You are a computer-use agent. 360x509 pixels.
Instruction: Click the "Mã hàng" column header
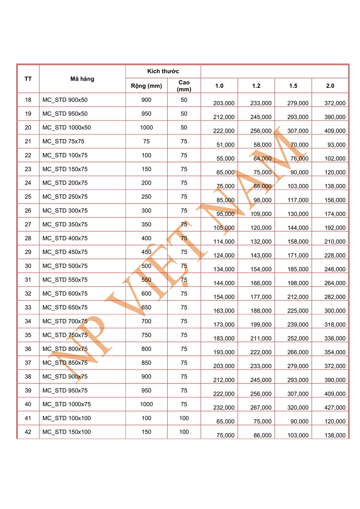(82, 79)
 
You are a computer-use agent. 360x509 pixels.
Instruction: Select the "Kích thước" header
(163, 71)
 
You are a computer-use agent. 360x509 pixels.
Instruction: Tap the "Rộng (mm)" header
(146, 86)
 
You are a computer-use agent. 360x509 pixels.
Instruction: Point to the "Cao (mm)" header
(184, 86)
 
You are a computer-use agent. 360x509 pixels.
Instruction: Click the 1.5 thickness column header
(293, 86)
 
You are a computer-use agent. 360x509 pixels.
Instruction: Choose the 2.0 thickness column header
(330, 86)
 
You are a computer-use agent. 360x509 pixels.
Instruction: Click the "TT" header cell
(28, 79)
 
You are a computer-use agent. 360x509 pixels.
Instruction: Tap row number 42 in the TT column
(28, 432)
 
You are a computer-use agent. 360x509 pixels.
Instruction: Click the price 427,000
(335, 408)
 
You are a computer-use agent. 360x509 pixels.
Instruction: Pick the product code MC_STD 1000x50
(67, 128)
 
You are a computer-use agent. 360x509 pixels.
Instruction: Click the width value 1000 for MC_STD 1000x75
(146, 404)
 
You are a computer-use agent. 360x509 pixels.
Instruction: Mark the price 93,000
(337, 145)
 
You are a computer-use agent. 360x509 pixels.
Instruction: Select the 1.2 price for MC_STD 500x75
(261, 269)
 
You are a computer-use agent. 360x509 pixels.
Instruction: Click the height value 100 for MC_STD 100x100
(184, 418)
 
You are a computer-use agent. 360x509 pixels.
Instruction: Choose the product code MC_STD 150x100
(67, 432)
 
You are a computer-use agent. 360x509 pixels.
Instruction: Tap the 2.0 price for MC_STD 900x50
(335, 103)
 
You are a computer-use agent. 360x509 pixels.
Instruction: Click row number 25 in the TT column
(28, 197)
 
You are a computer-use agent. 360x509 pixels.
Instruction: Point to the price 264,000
(335, 283)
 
